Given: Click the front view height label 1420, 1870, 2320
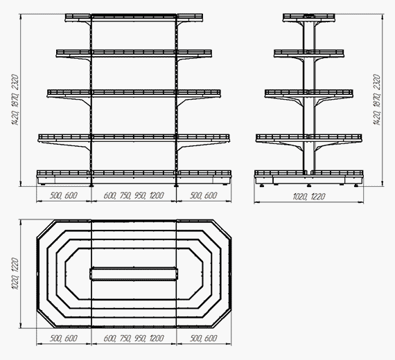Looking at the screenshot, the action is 15,100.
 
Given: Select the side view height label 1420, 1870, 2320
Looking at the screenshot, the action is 377,100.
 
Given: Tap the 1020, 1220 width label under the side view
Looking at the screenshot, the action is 309,197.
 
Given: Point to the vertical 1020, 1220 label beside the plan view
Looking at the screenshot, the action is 15,273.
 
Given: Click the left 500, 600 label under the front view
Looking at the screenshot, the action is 64,196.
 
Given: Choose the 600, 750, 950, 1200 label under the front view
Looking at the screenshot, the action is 134,196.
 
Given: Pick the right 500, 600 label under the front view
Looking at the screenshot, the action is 203,196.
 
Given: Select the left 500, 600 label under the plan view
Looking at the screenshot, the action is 64,338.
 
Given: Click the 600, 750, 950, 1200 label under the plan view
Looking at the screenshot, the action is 134,338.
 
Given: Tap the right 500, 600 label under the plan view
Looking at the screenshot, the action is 203,338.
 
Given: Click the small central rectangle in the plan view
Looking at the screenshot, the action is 134,273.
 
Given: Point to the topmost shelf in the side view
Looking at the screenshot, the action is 309,17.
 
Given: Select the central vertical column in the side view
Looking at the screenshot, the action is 309,96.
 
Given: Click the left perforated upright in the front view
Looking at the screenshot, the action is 91,100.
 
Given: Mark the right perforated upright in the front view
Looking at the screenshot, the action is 176,100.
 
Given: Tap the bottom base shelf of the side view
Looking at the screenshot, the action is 309,177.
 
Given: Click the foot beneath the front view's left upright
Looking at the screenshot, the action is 91,186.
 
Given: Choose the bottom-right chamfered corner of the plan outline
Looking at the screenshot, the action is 222,318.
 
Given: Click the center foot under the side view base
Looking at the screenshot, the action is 309,186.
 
